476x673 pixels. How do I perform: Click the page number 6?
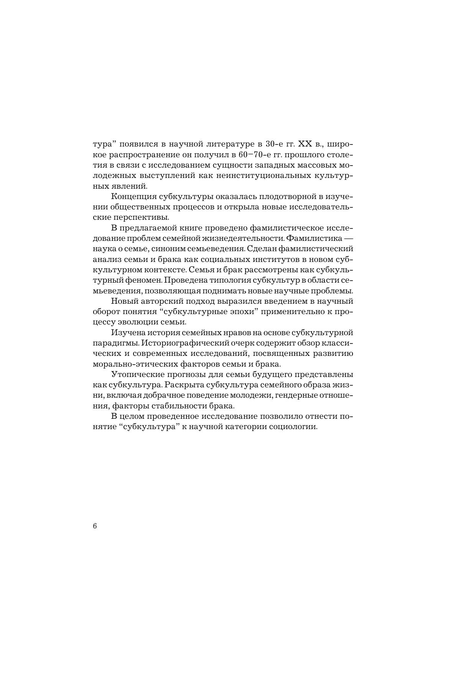click(x=95, y=526)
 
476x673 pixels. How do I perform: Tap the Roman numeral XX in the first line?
click(x=305, y=145)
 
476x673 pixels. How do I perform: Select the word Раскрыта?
click(x=182, y=385)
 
